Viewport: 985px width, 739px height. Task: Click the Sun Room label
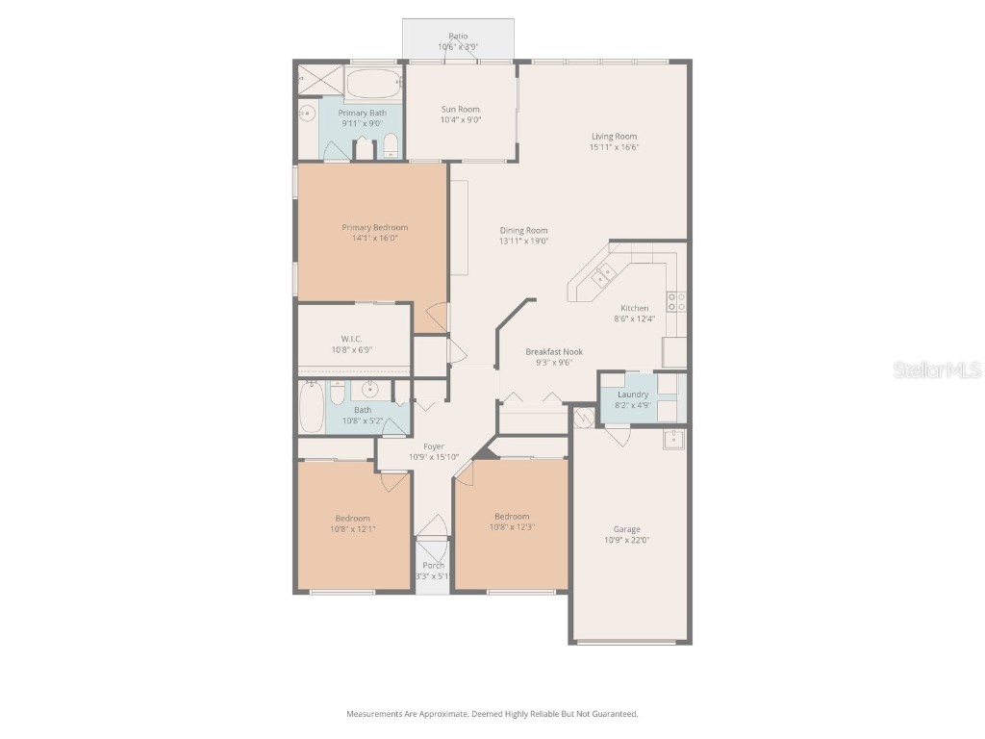click(x=460, y=109)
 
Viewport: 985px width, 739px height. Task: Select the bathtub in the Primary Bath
click(x=369, y=84)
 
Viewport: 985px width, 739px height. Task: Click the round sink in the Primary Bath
click(x=307, y=114)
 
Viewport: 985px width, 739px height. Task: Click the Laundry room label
click(x=633, y=395)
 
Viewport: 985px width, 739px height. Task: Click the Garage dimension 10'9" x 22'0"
click(x=626, y=541)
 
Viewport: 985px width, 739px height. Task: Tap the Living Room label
click(x=614, y=137)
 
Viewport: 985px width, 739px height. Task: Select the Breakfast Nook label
click(x=554, y=352)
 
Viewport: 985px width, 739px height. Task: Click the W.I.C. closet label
click(x=350, y=339)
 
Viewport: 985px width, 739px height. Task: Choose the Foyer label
click(x=434, y=446)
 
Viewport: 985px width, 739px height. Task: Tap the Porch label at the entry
click(x=433, y=566)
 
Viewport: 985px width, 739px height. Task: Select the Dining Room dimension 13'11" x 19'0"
click(x=524, y=242)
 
